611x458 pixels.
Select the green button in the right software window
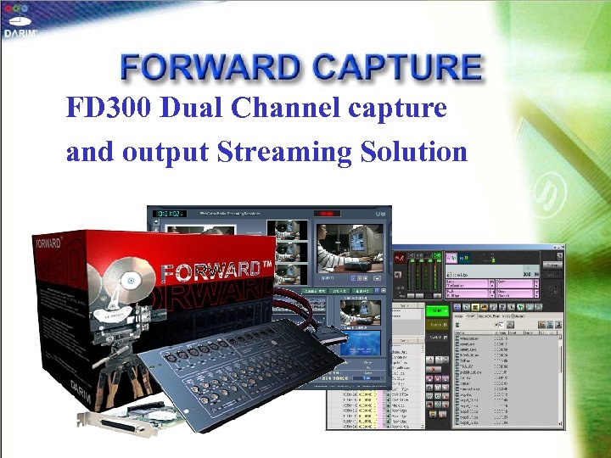[436, 311]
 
